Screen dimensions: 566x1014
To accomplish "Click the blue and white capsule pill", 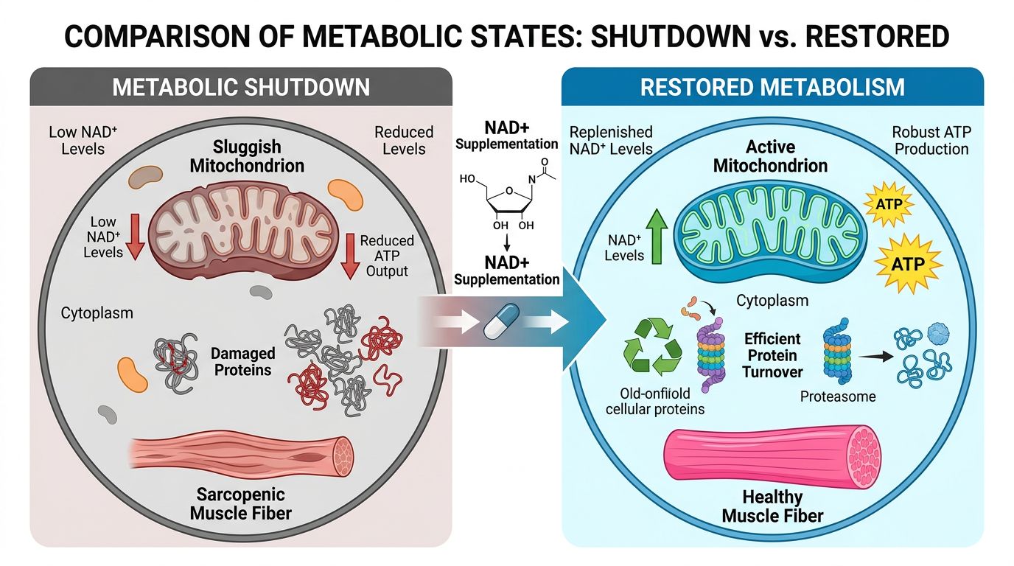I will tap(501, 324).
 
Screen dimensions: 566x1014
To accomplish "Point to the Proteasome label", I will tap(838, 396).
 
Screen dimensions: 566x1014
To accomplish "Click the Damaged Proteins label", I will tap(243, 362).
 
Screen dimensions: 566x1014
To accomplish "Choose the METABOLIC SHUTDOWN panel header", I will tap(240, 87).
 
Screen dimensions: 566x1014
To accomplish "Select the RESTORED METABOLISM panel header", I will tap(772, 87).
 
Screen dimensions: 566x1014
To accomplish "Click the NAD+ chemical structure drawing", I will tap(506, 195).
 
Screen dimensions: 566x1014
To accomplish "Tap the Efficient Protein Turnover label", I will tap(772, 355).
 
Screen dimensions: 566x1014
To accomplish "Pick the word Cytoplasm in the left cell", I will tap(97, 313).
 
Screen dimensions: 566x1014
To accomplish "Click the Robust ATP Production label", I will tap(931, 141).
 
